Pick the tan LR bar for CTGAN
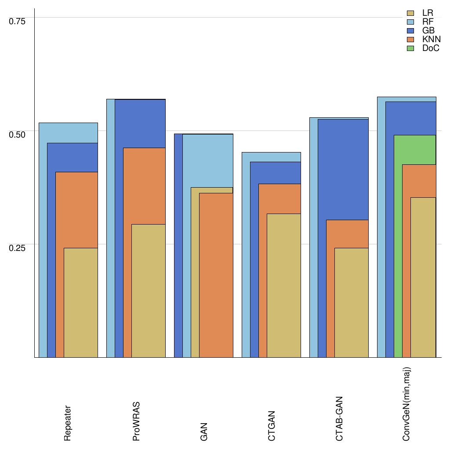tap(284, 286)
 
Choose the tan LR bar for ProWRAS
tap(149, 290)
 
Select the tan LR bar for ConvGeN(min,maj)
tap(423, 277)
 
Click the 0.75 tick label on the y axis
tap(18, 21)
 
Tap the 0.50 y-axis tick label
tap(18, 134)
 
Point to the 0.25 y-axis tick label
tap(18, 247)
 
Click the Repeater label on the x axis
tap(68, 423)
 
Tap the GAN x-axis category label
tap(203, 432)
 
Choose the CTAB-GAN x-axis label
tap(339, 419)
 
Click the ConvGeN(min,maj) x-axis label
tap(406, 404)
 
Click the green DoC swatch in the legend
tap(411, 48)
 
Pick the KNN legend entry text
tap(432, 40)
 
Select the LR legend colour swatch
tap(411, 13)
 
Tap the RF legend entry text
tap(428, 22)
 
